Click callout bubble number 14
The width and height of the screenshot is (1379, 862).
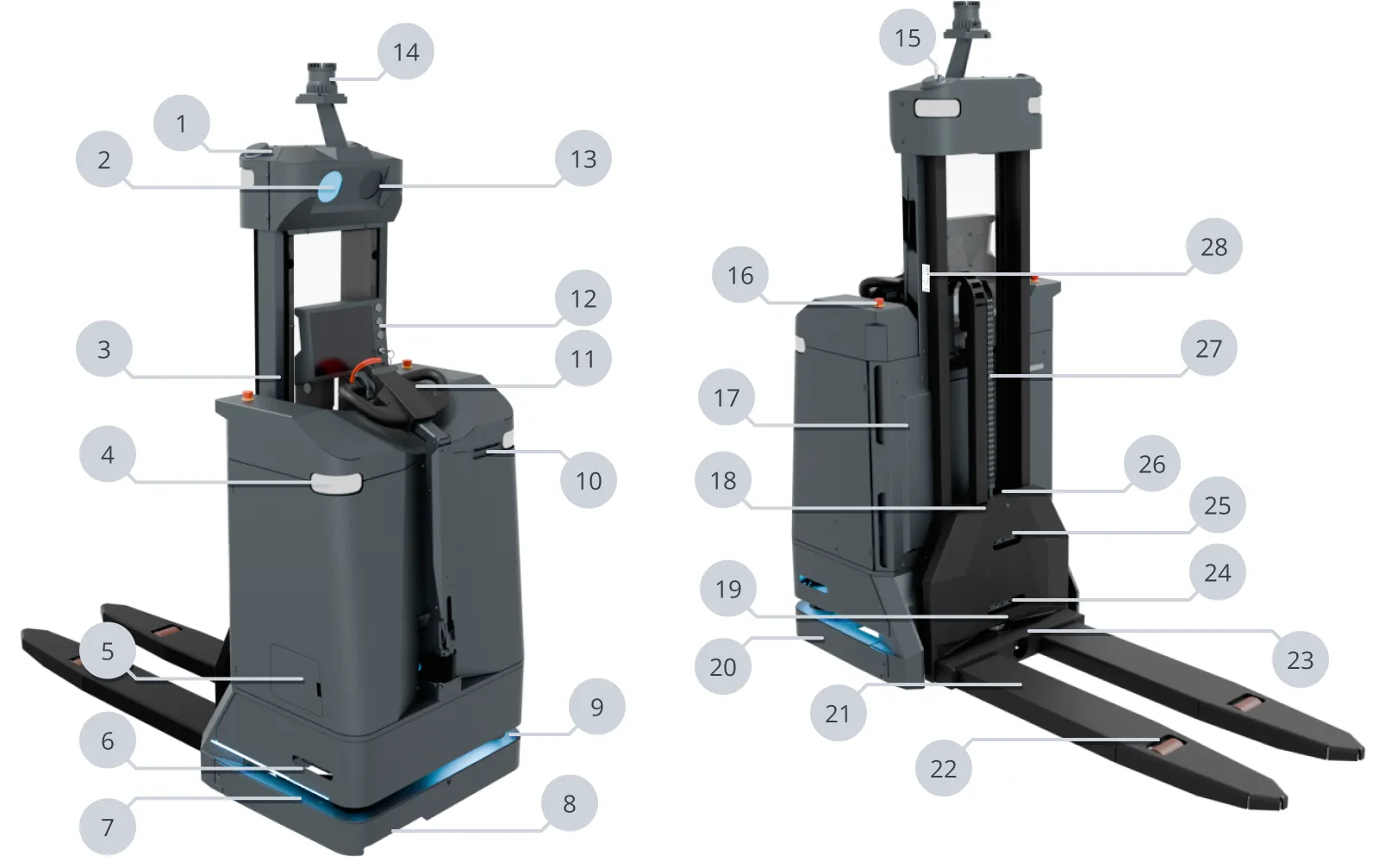[406, 52]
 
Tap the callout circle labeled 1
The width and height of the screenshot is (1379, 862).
[181, 123]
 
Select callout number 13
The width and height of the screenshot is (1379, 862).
[583, 159]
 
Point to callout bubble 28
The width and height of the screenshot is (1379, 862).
[1214, 247]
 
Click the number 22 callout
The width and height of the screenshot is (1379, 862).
[943, 768]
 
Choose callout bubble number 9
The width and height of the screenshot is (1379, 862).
[596, 707]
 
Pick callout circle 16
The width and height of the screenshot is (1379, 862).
[740, 275]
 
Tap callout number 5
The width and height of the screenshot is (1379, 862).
[107, 651]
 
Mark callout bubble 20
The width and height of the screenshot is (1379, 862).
[722, 666]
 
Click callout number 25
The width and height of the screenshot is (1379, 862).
[1217, 505]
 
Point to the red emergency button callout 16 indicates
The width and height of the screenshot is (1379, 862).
[878, 303]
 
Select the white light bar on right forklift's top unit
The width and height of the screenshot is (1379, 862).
[936, 109]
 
